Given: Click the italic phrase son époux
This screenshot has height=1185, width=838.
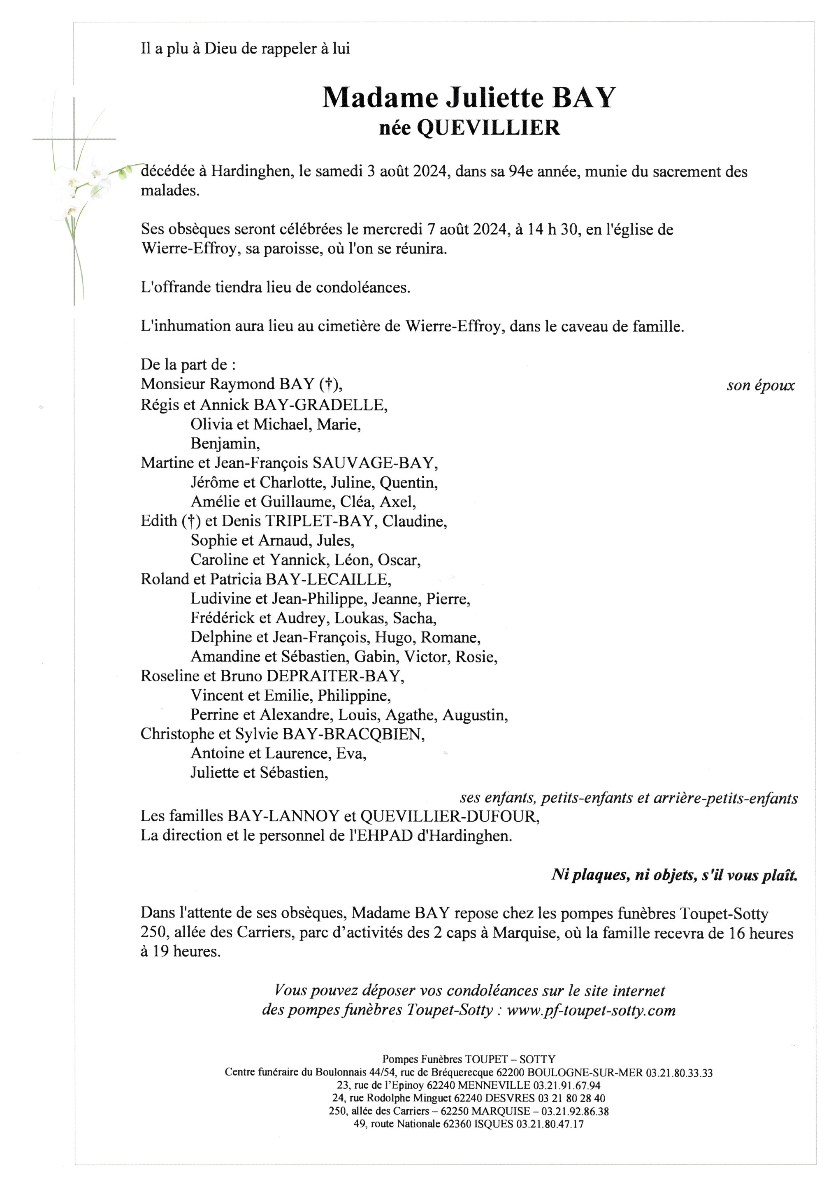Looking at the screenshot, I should pos(761,386).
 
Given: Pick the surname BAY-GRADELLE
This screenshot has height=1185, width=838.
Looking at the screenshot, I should pos(320,405).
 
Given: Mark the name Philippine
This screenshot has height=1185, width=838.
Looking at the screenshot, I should pos(354,696).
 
